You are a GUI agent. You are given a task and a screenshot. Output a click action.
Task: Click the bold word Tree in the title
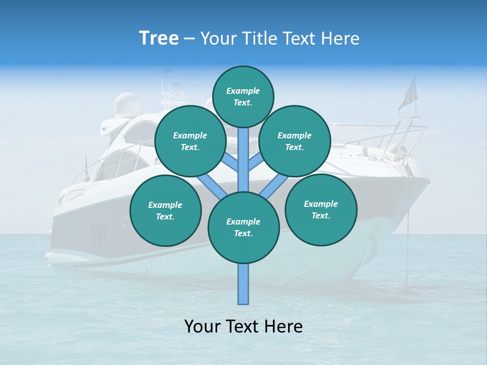pos(159,39)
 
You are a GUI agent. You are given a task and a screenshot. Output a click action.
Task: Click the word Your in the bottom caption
pos(202,326)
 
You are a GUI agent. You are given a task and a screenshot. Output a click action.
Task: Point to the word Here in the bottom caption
pos(284,326)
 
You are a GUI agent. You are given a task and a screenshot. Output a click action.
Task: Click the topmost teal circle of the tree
pos(243,96)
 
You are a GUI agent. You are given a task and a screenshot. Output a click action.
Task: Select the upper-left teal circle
pos(190,141)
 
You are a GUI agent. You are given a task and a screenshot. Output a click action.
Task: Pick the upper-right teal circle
pos(294,141)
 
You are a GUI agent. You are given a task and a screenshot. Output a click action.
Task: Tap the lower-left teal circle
pos(165,210)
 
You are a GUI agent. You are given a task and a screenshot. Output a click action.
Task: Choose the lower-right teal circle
pos(321,209)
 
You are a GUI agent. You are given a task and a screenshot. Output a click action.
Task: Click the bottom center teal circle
pos(243,227)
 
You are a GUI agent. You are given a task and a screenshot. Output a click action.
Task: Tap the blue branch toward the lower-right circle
pos(274,186)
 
